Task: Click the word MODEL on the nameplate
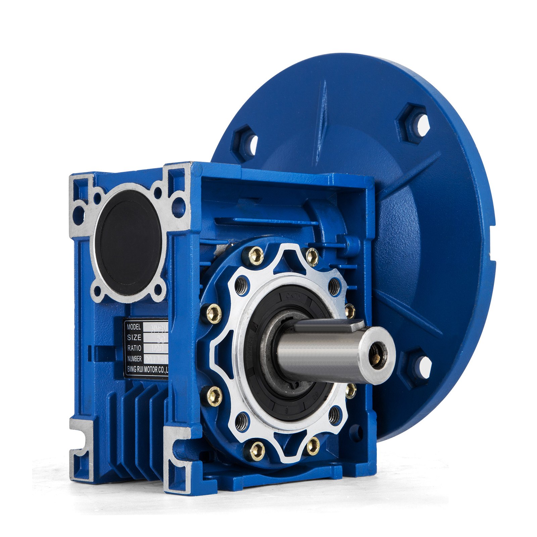(x=134, y=326)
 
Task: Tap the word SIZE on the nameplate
(x=134, y=337)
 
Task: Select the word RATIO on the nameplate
(x=134, y=348)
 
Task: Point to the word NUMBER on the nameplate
(x=134, y=358)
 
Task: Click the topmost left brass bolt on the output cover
(x=256, y=256)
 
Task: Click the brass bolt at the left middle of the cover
(x=213, y=314)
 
